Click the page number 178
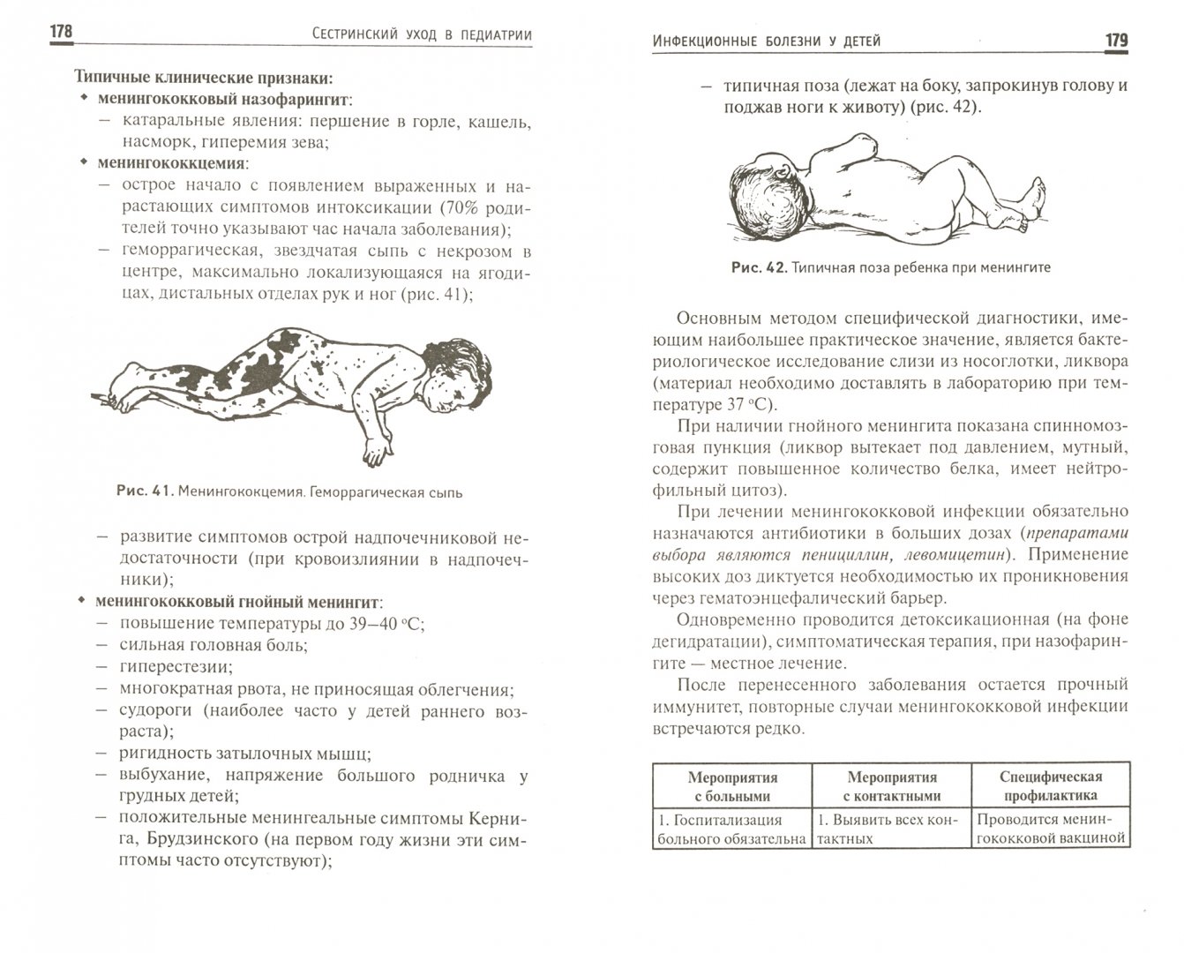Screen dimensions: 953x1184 60,33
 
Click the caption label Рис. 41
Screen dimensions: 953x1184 144,492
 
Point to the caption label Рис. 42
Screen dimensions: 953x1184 758,267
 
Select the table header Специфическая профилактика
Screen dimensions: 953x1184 1051,786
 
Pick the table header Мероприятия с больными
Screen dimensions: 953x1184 732,786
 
